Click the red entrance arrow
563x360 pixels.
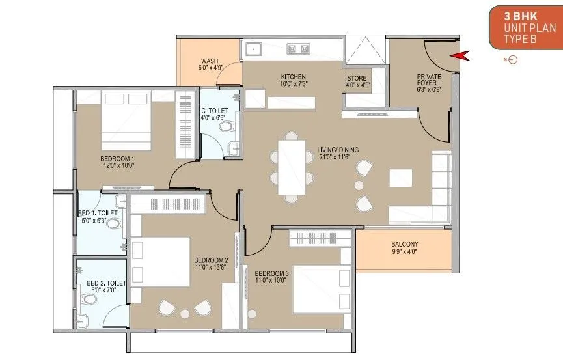[x=460, y=56]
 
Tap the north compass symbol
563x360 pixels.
[x=512, y=60]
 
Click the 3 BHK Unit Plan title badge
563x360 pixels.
[x=526, y=27]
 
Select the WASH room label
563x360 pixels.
[x=210, y=61]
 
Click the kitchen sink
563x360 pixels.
[x=253, y=48]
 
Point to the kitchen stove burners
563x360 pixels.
[x=298, y=49]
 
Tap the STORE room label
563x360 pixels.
[x=357, y=78]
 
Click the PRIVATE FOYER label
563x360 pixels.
[x=429, y=80]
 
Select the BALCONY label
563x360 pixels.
[x=405, y=244]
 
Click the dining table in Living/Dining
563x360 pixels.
[x=292, y=167]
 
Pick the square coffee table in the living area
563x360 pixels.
[x=401, y=178]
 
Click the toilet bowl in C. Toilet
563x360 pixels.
[x=227, y=126]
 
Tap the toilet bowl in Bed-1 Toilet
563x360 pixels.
[x=114, y=223]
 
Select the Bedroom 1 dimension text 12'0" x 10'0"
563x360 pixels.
[x=118, y=165]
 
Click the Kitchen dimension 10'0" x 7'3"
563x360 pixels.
[x=294, y=84]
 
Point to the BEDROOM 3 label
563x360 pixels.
[x=272, y=273]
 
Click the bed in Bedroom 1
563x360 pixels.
[x=126, y=120]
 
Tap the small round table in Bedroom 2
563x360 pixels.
[x=185, y=314]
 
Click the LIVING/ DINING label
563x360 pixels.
[x=338, y=150]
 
